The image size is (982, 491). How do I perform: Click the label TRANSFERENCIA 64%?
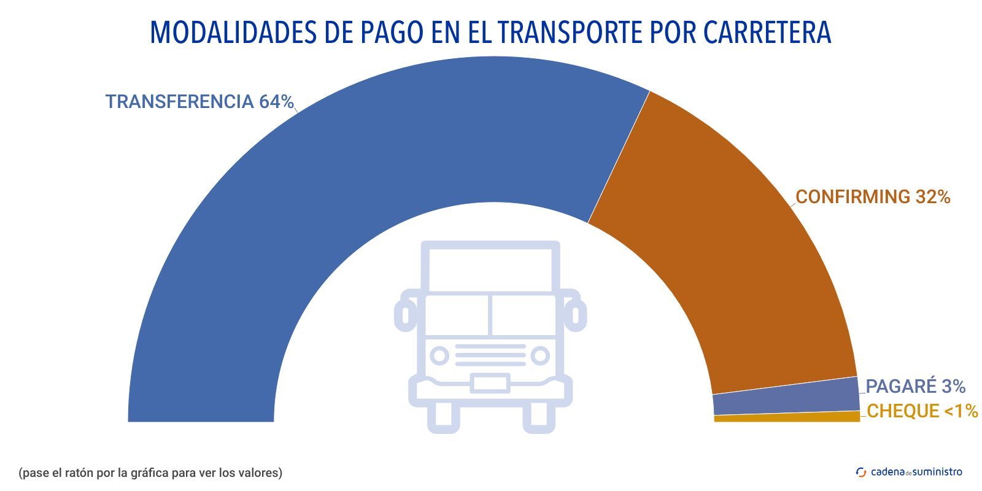click(199, 102)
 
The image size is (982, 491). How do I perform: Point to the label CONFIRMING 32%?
click(873, 197)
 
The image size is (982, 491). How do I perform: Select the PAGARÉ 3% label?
click(915, 387)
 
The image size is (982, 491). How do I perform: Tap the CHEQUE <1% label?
click(922, 411)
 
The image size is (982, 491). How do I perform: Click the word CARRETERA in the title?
click(767, 33)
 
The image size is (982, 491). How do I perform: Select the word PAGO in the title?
click(393, 33)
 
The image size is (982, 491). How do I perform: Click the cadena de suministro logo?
click(908, 472)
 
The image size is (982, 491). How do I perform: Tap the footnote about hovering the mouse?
click(150, 473)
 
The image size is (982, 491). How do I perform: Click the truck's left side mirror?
click(404, 314)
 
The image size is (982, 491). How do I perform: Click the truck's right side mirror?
click(577, 314)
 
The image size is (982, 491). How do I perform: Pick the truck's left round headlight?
click(439, 355)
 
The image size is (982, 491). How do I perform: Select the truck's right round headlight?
click(540, 355)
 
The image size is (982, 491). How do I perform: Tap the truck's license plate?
click(490, 384)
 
